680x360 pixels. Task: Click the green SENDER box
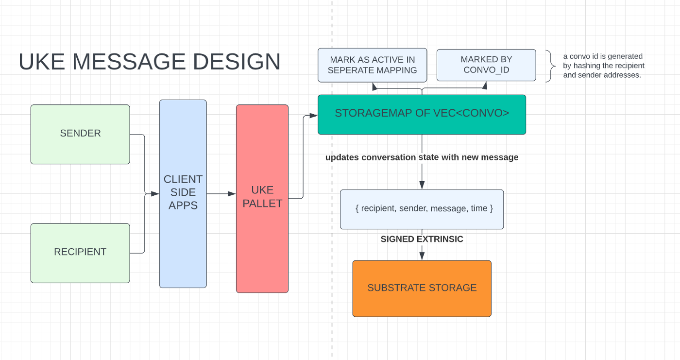[x=80, y=134]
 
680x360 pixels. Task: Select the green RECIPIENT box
[x=80, y=253]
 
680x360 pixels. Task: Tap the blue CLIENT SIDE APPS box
[x=183, y=193]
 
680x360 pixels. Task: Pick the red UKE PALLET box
[x=262, y=198]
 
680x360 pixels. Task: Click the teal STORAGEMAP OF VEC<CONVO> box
[x=422, y=114]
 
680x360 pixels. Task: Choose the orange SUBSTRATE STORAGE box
[x=422, y=288]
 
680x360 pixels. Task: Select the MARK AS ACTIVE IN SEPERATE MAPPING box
[x=372, y=65]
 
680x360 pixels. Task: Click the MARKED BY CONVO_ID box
[x=486, y=65]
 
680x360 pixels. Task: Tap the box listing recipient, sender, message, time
[x=422, y=209]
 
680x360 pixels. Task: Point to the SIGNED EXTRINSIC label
[x=422, y=239]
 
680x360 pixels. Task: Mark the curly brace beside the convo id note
[x=551, y=66]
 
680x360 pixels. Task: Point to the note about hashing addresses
[x=603, y=66]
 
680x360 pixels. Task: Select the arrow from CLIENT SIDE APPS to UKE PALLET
[x=221, y=194]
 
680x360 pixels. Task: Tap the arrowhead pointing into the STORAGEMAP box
[x=313, y=116]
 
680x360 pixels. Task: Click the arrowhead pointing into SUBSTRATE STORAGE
[x=422, y=256]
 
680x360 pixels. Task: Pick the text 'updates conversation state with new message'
[x=422, y=157]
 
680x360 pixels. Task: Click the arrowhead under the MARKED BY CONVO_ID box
[x=484, y=86]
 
